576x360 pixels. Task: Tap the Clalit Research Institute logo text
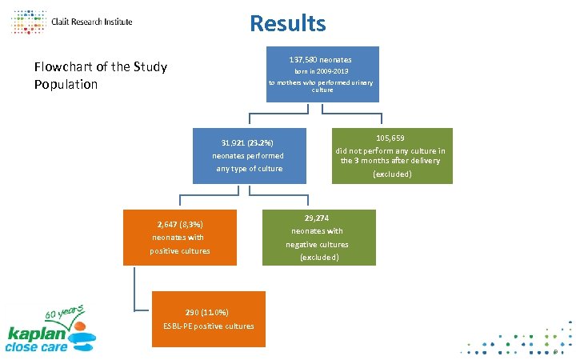91,22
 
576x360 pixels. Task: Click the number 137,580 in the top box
302,60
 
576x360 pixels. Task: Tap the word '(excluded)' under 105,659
392,174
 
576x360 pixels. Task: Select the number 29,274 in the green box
317,218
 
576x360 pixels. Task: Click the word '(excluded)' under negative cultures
319,258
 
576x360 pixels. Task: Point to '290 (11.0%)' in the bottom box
206,312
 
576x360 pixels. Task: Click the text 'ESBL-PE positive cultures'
207,326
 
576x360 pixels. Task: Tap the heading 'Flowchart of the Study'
100,66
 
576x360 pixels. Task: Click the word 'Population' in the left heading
66,84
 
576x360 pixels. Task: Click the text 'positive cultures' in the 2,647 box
180,251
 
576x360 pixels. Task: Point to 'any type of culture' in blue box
250,169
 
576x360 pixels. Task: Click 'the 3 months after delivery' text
390,161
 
